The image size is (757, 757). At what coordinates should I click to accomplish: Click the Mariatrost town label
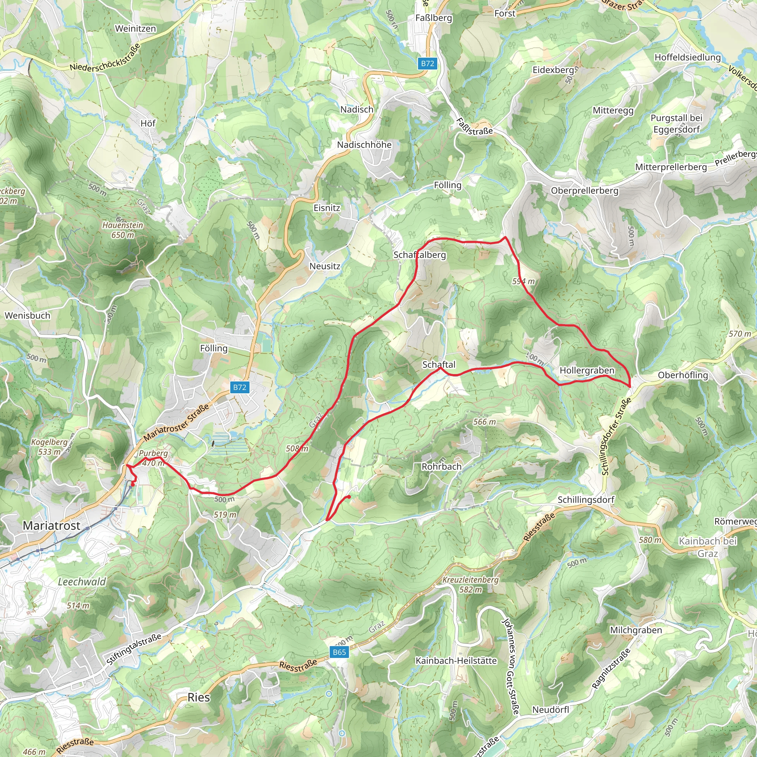point(51,526)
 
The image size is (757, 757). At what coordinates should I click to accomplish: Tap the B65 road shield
point(339,652)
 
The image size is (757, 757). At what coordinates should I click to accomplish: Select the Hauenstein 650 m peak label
point(123,230)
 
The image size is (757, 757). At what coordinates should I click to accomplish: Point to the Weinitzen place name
point(135,28)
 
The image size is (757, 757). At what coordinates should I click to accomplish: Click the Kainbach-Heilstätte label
point(456,661)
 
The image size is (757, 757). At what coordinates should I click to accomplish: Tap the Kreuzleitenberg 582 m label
point(470,584)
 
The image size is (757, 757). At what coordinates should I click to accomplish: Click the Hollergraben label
point(587,370)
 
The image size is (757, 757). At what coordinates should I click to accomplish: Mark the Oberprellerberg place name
point(585,190)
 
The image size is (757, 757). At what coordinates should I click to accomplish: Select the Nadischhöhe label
point(364,145)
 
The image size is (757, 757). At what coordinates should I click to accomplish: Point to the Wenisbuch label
point(27,315)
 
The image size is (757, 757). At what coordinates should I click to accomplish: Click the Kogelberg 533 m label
point(50,447)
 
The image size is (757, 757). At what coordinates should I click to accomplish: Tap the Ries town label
point(198,697)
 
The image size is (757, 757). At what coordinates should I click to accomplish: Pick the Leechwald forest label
point(82,581)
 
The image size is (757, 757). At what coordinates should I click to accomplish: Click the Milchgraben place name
point(636,630)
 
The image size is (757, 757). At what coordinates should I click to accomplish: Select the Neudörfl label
point(550,710)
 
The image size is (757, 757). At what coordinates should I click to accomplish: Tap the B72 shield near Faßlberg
point(428,64)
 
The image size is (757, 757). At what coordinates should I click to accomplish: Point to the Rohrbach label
point(442,467)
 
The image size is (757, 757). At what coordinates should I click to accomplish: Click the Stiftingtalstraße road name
point(133,649)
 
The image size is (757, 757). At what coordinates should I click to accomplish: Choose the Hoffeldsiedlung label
point(688,57)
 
